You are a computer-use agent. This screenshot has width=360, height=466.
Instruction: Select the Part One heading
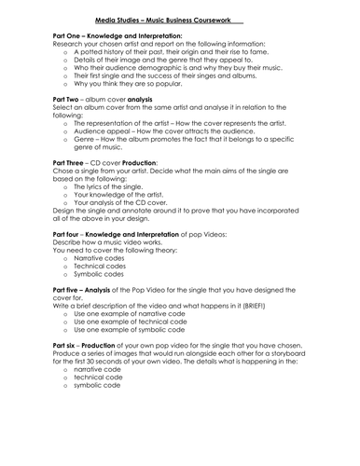(60, 34)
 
